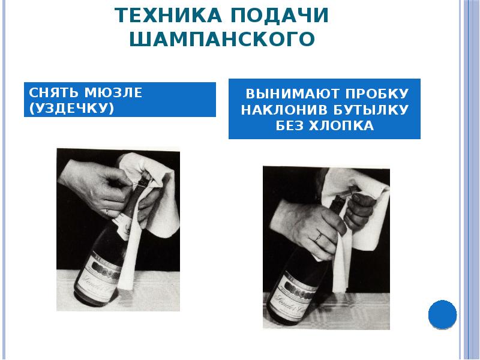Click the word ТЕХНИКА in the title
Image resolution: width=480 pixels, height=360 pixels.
(168, 14)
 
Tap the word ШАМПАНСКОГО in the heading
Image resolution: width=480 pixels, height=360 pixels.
(222, 39)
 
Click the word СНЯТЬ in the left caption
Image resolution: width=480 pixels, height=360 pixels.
(53, 92)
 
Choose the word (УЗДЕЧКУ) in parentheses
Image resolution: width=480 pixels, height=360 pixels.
(71, 109)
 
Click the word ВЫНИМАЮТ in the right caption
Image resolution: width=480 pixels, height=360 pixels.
(292, 94)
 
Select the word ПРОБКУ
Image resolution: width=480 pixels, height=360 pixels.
(377, 94)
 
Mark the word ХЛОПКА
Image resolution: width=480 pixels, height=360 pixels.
(341, 126)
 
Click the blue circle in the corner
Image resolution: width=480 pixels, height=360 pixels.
(442, 314)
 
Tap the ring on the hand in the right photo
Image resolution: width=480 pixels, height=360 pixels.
(319, 237)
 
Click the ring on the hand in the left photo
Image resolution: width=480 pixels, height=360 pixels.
(107, 212)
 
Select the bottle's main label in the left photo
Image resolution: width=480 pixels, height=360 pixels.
(98, 275)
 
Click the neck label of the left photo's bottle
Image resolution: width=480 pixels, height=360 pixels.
(123, 227)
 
